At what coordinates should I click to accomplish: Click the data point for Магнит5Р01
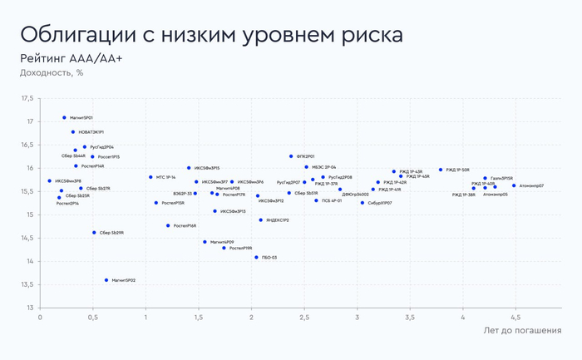(x=64, y=118)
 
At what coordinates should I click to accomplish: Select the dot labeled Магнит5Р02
(x=106, y=280)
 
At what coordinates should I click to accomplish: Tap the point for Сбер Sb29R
(x=94, y=233)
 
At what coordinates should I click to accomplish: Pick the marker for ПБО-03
(x=256, y=258)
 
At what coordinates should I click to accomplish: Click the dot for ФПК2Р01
(x=291, y=156)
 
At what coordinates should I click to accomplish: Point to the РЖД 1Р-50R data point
(x=441, y=170)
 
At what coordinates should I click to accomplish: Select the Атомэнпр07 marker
(x=514, y=186)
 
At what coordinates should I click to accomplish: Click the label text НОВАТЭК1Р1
(x=91, y=132)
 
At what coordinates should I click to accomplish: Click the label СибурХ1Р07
(x=379, y=203)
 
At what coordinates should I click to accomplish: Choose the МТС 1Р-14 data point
(x=150, y=177)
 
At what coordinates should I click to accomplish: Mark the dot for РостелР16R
(x=168, y=225)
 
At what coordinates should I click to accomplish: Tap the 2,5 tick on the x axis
(x=305, y=317)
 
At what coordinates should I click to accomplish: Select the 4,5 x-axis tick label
(x=516, y=317)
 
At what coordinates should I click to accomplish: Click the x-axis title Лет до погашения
(x=521, y=331)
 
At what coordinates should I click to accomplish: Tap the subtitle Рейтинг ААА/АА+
(x=71, y=58)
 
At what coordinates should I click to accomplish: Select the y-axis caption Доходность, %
(x=52, y=72)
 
